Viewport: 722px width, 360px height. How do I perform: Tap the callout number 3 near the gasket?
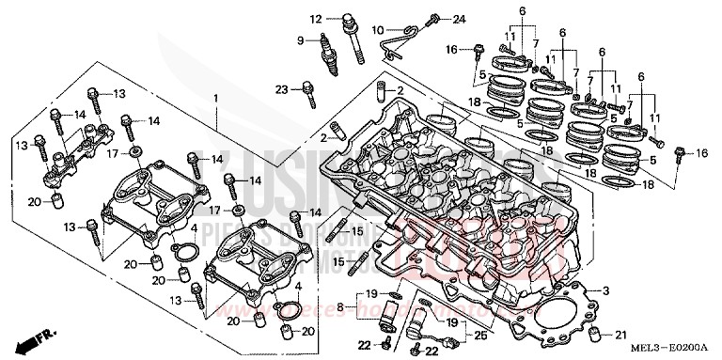coord(607,290)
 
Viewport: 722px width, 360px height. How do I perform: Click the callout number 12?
coord(316,19)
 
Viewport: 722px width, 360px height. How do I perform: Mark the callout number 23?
coord(281,90)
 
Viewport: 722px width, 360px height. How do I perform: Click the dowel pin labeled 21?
coord(593,336)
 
